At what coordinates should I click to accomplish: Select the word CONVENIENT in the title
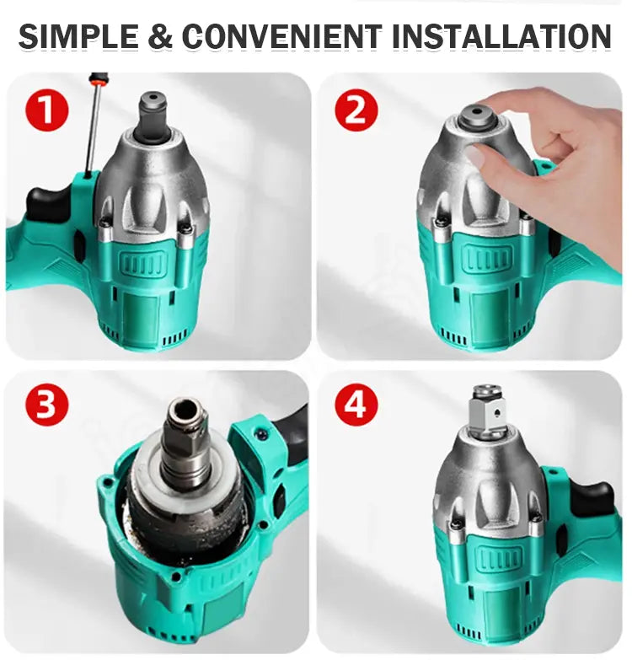(x=282, y=36)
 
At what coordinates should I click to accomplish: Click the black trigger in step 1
(x=46, y=202)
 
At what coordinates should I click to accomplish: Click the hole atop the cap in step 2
(x=478, y=110)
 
